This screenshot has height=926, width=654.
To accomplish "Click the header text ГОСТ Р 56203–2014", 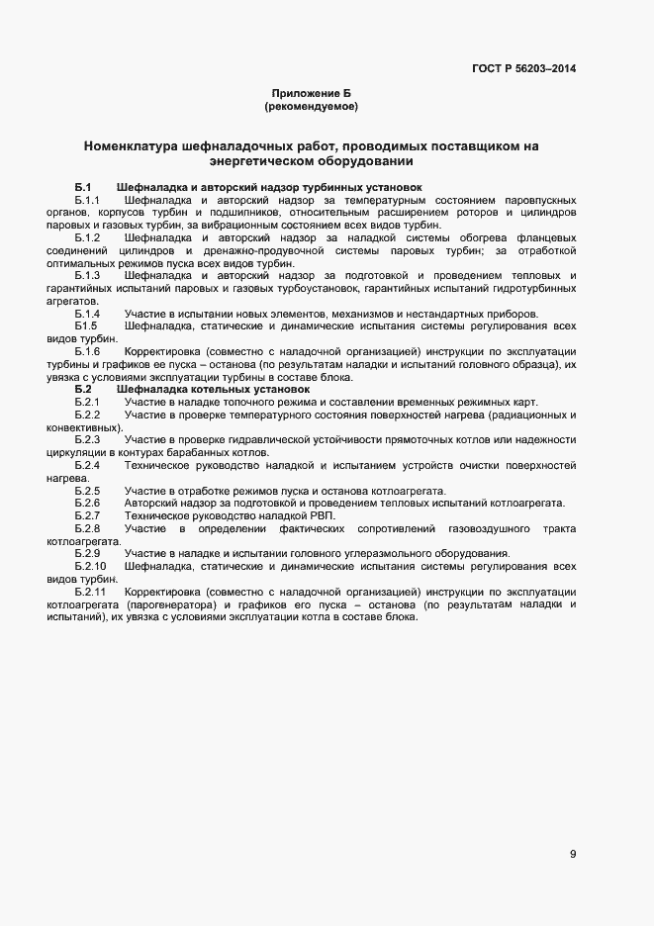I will [x=524, y=68].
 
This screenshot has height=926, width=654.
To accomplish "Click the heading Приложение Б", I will [x=312, y=92].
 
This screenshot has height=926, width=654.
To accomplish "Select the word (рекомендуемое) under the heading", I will [x=312, y=106].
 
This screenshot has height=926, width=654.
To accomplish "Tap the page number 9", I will [x=573, y=855].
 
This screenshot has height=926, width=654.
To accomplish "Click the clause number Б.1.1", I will [x=87, y=201].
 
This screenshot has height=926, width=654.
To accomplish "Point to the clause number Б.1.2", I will [x=87, y=238].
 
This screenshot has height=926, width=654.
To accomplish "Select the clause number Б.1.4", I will [x=87, y=314].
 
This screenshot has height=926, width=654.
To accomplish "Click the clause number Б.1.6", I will [x=87, y=351].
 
